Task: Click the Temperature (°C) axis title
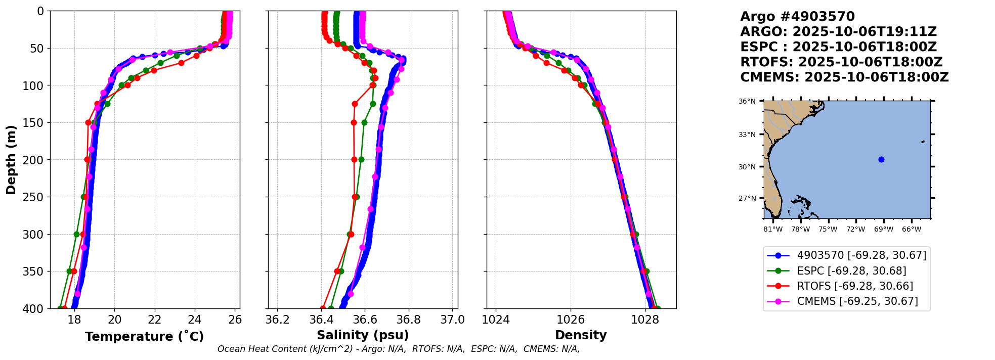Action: pyautogui.click(x=144, y=336)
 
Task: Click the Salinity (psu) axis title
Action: pyautogui.click(x=363, y=335)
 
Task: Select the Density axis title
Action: pyautogui.click(x=581, y=335)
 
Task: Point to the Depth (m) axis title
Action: pyautogui.click(x=11, y=159)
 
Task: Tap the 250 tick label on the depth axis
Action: pyautogui.click(x=35, y=197)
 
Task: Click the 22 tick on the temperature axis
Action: pyautogui.click(x=155, y=320)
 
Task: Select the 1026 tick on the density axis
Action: pyautogui.click(x=571, y=320)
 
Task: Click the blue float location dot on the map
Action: pyautogui.click(x=881, y=159)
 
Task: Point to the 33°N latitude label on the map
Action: pyautogui.click(x=747, y=134)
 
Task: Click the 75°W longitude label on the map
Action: pyautogui.click(x=828, y=229)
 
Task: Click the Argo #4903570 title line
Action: pyautogui.click(x=797, y=17)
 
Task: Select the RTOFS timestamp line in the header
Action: pyautogui.click(x=841, y=62)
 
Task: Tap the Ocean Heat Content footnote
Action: pyautogui.click(x=399, y=349)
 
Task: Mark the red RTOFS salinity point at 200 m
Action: pyautogui.click(x=354, y=159)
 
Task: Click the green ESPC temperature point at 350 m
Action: pyautogui.click(x=69, y=272)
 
